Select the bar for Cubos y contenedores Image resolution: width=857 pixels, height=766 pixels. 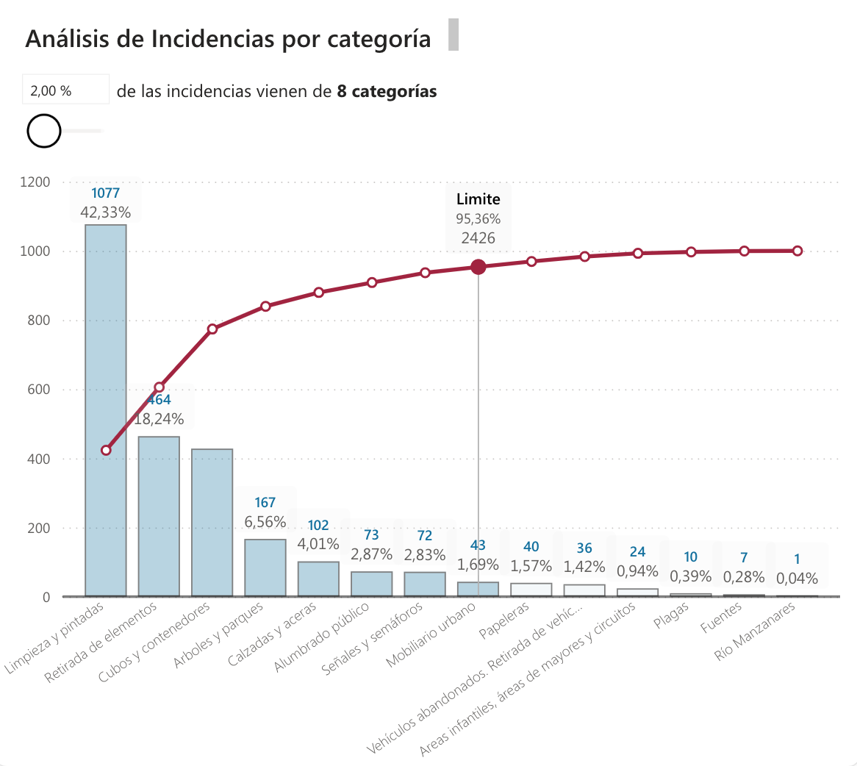tap(212, 522)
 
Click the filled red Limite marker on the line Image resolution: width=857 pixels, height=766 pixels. tap(478, 267)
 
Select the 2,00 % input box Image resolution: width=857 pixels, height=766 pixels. tap(65, 90)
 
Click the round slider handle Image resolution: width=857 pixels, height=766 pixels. tap(44, 131)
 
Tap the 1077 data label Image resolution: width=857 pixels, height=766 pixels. tap(105, 193)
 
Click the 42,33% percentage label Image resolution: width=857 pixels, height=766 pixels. tap(105, 212)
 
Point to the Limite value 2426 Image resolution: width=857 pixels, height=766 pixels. tap(478, 238)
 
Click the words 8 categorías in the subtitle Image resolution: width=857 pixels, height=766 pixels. tap(387, 91)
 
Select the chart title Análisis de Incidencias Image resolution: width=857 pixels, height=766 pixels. tap(228, 38)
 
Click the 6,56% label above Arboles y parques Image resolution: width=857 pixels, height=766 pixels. tap(265, 521)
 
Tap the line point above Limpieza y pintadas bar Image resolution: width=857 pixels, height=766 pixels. tap(106, 450)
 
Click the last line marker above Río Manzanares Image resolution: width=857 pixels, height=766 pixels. tap(797, 251)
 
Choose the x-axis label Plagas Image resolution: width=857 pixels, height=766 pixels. tap(672, 615)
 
